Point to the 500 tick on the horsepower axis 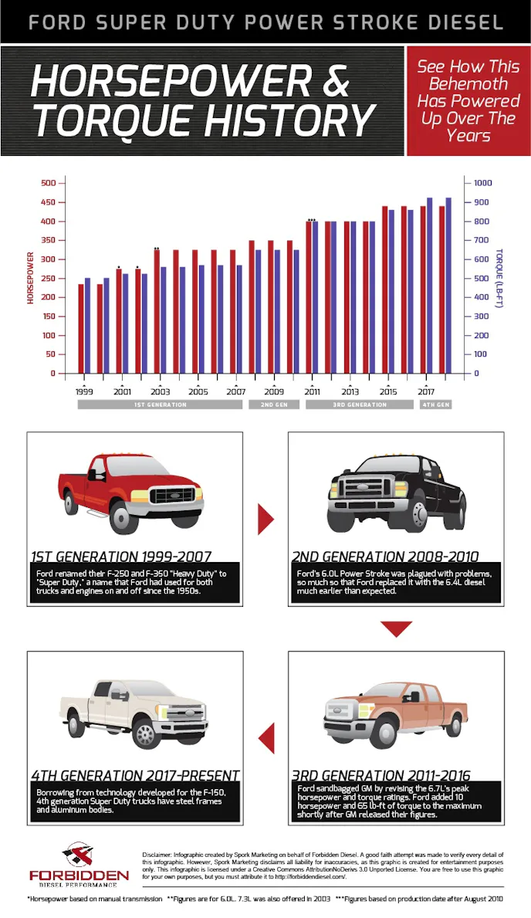(x=49, y=183)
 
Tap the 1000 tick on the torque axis (x=482, y=183)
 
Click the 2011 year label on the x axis (x=312, y=391)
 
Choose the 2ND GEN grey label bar (x=273, y=405)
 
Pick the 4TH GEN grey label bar (x=435, y=405)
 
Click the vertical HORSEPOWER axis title (x=31, y=278)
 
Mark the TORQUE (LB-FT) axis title (x=499, y=278)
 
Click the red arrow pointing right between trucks (x=265, y=519)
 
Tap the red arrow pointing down (x=397, y=629)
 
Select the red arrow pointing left (x=266, y=739)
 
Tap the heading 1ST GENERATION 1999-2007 (x=121, y=556)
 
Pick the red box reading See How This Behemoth (x=468, y=101)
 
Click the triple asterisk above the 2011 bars (x=312, y=220)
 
